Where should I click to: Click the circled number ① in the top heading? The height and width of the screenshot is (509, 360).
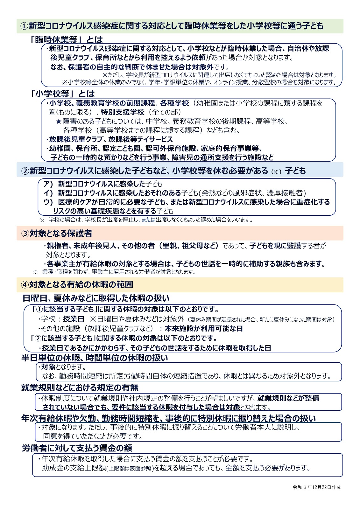point(24,26)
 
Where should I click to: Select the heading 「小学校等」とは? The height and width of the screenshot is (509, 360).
point(62,94)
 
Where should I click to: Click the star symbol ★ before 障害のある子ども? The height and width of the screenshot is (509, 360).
point(58,122)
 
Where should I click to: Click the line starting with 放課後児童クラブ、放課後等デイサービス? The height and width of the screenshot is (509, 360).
point(110,139)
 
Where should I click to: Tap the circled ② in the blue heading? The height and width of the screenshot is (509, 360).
point(25,171)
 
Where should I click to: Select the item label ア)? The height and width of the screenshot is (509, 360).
point(48,184)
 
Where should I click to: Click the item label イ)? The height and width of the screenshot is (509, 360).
point(48,193)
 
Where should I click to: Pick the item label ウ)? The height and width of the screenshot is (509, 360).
point(48,202)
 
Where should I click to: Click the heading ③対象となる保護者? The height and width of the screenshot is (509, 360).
point(57,234)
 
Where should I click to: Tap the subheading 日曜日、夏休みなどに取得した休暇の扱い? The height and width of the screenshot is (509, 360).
point(96,298)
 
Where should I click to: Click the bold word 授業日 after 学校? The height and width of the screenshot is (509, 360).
point(74,319)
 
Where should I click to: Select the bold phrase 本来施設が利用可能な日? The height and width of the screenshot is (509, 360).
point(204,329)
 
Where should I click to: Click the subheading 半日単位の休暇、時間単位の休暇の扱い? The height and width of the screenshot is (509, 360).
point(95,358)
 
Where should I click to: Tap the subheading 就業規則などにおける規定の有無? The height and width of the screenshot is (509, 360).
point(80,388)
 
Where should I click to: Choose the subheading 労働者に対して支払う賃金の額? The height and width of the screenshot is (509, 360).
point(77,448)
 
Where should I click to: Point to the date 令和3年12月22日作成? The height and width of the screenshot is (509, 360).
point(317,487)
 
